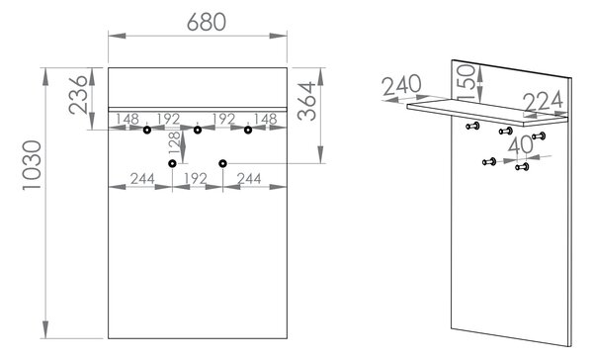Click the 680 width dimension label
click(x=207, y=22)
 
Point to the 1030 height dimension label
click(x=33, y=165)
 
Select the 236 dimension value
click(x=79, y=95)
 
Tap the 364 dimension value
click(x=306, y=101)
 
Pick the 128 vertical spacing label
click(x=174, y=142)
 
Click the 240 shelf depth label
click(x=401, y=85)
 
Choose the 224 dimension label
click(x=544, y=102)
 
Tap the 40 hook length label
click(x=521, y=145)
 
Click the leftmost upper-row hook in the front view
click(x=147, y=131)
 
